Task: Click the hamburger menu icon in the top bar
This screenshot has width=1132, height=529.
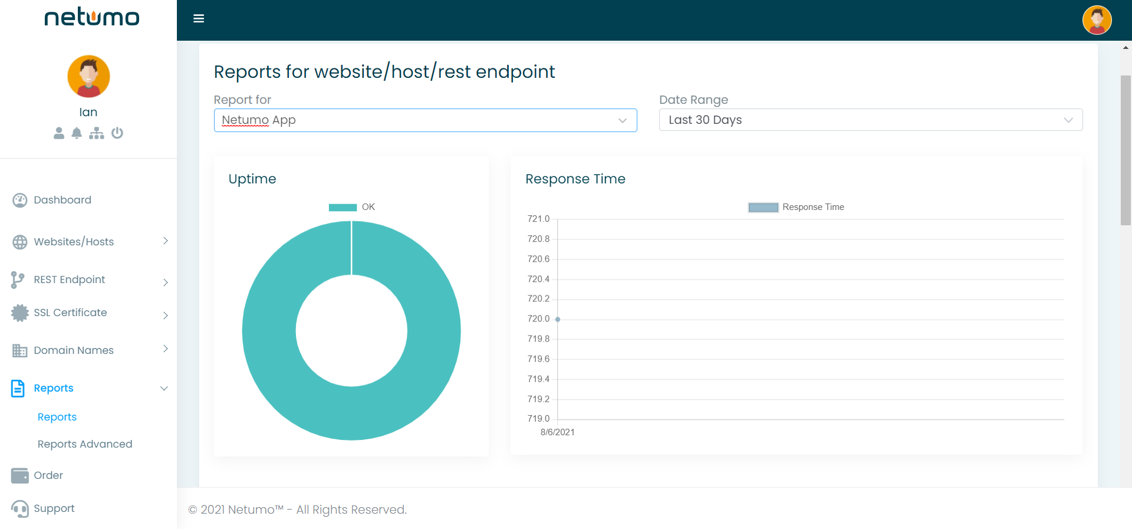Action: pos(199,19)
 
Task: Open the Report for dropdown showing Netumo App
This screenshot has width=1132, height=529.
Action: pos(424,120)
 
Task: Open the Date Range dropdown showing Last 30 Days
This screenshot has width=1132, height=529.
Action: pos(870,120)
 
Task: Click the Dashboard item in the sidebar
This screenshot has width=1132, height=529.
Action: pos(62,200)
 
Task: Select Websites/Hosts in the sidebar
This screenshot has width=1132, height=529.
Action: pos(74,242)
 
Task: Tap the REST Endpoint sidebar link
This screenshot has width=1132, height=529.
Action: pos(70,280)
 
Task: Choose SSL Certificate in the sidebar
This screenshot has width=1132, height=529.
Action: pos(70,313)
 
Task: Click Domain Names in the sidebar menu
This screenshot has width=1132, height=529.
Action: pos(74,350)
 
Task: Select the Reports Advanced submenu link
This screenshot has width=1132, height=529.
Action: pos(85,444)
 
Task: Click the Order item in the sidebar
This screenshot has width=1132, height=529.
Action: pos(48,475)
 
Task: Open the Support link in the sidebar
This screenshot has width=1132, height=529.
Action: pos(54,508)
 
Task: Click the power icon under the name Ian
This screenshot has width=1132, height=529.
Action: pos(117,133)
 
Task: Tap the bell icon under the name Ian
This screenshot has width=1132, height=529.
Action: pos(77,133)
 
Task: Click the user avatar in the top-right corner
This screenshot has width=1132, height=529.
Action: pos(1097,20)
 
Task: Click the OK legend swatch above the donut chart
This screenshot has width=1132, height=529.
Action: pos(343,207)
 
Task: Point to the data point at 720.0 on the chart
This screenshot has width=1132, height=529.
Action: pos(558,319)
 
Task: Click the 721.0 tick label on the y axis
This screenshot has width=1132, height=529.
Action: pos(538,219)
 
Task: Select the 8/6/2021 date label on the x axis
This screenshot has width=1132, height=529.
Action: pos(557,432)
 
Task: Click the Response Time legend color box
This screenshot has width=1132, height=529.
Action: pos(763,207)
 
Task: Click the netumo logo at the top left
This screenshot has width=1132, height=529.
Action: pos(92,18)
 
